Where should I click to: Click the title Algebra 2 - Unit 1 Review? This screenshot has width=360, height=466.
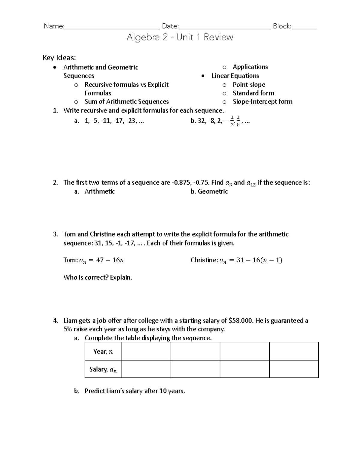(x=180, y=37)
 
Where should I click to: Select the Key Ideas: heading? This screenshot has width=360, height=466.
(x=59, y=58)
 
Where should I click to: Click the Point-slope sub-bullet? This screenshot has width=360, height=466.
(x=249, y=85)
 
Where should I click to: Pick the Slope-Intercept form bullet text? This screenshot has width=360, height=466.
(x=262, y=102)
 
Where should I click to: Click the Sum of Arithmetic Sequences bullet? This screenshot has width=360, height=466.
(x=126, y=102)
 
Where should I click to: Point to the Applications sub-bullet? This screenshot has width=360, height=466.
(x=250, y=67)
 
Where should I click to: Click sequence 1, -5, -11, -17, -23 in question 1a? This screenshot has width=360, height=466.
(x=114, y=121)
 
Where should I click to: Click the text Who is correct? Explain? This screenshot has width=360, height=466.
(x=98, y=278)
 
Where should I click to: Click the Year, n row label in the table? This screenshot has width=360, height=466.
(x=103, y=352)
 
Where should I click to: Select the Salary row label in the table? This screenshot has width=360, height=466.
(x=103, y=370)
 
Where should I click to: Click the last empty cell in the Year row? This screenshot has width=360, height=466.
(x=294, y=351)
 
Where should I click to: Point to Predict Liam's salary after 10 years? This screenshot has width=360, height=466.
(x=134, y=391)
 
